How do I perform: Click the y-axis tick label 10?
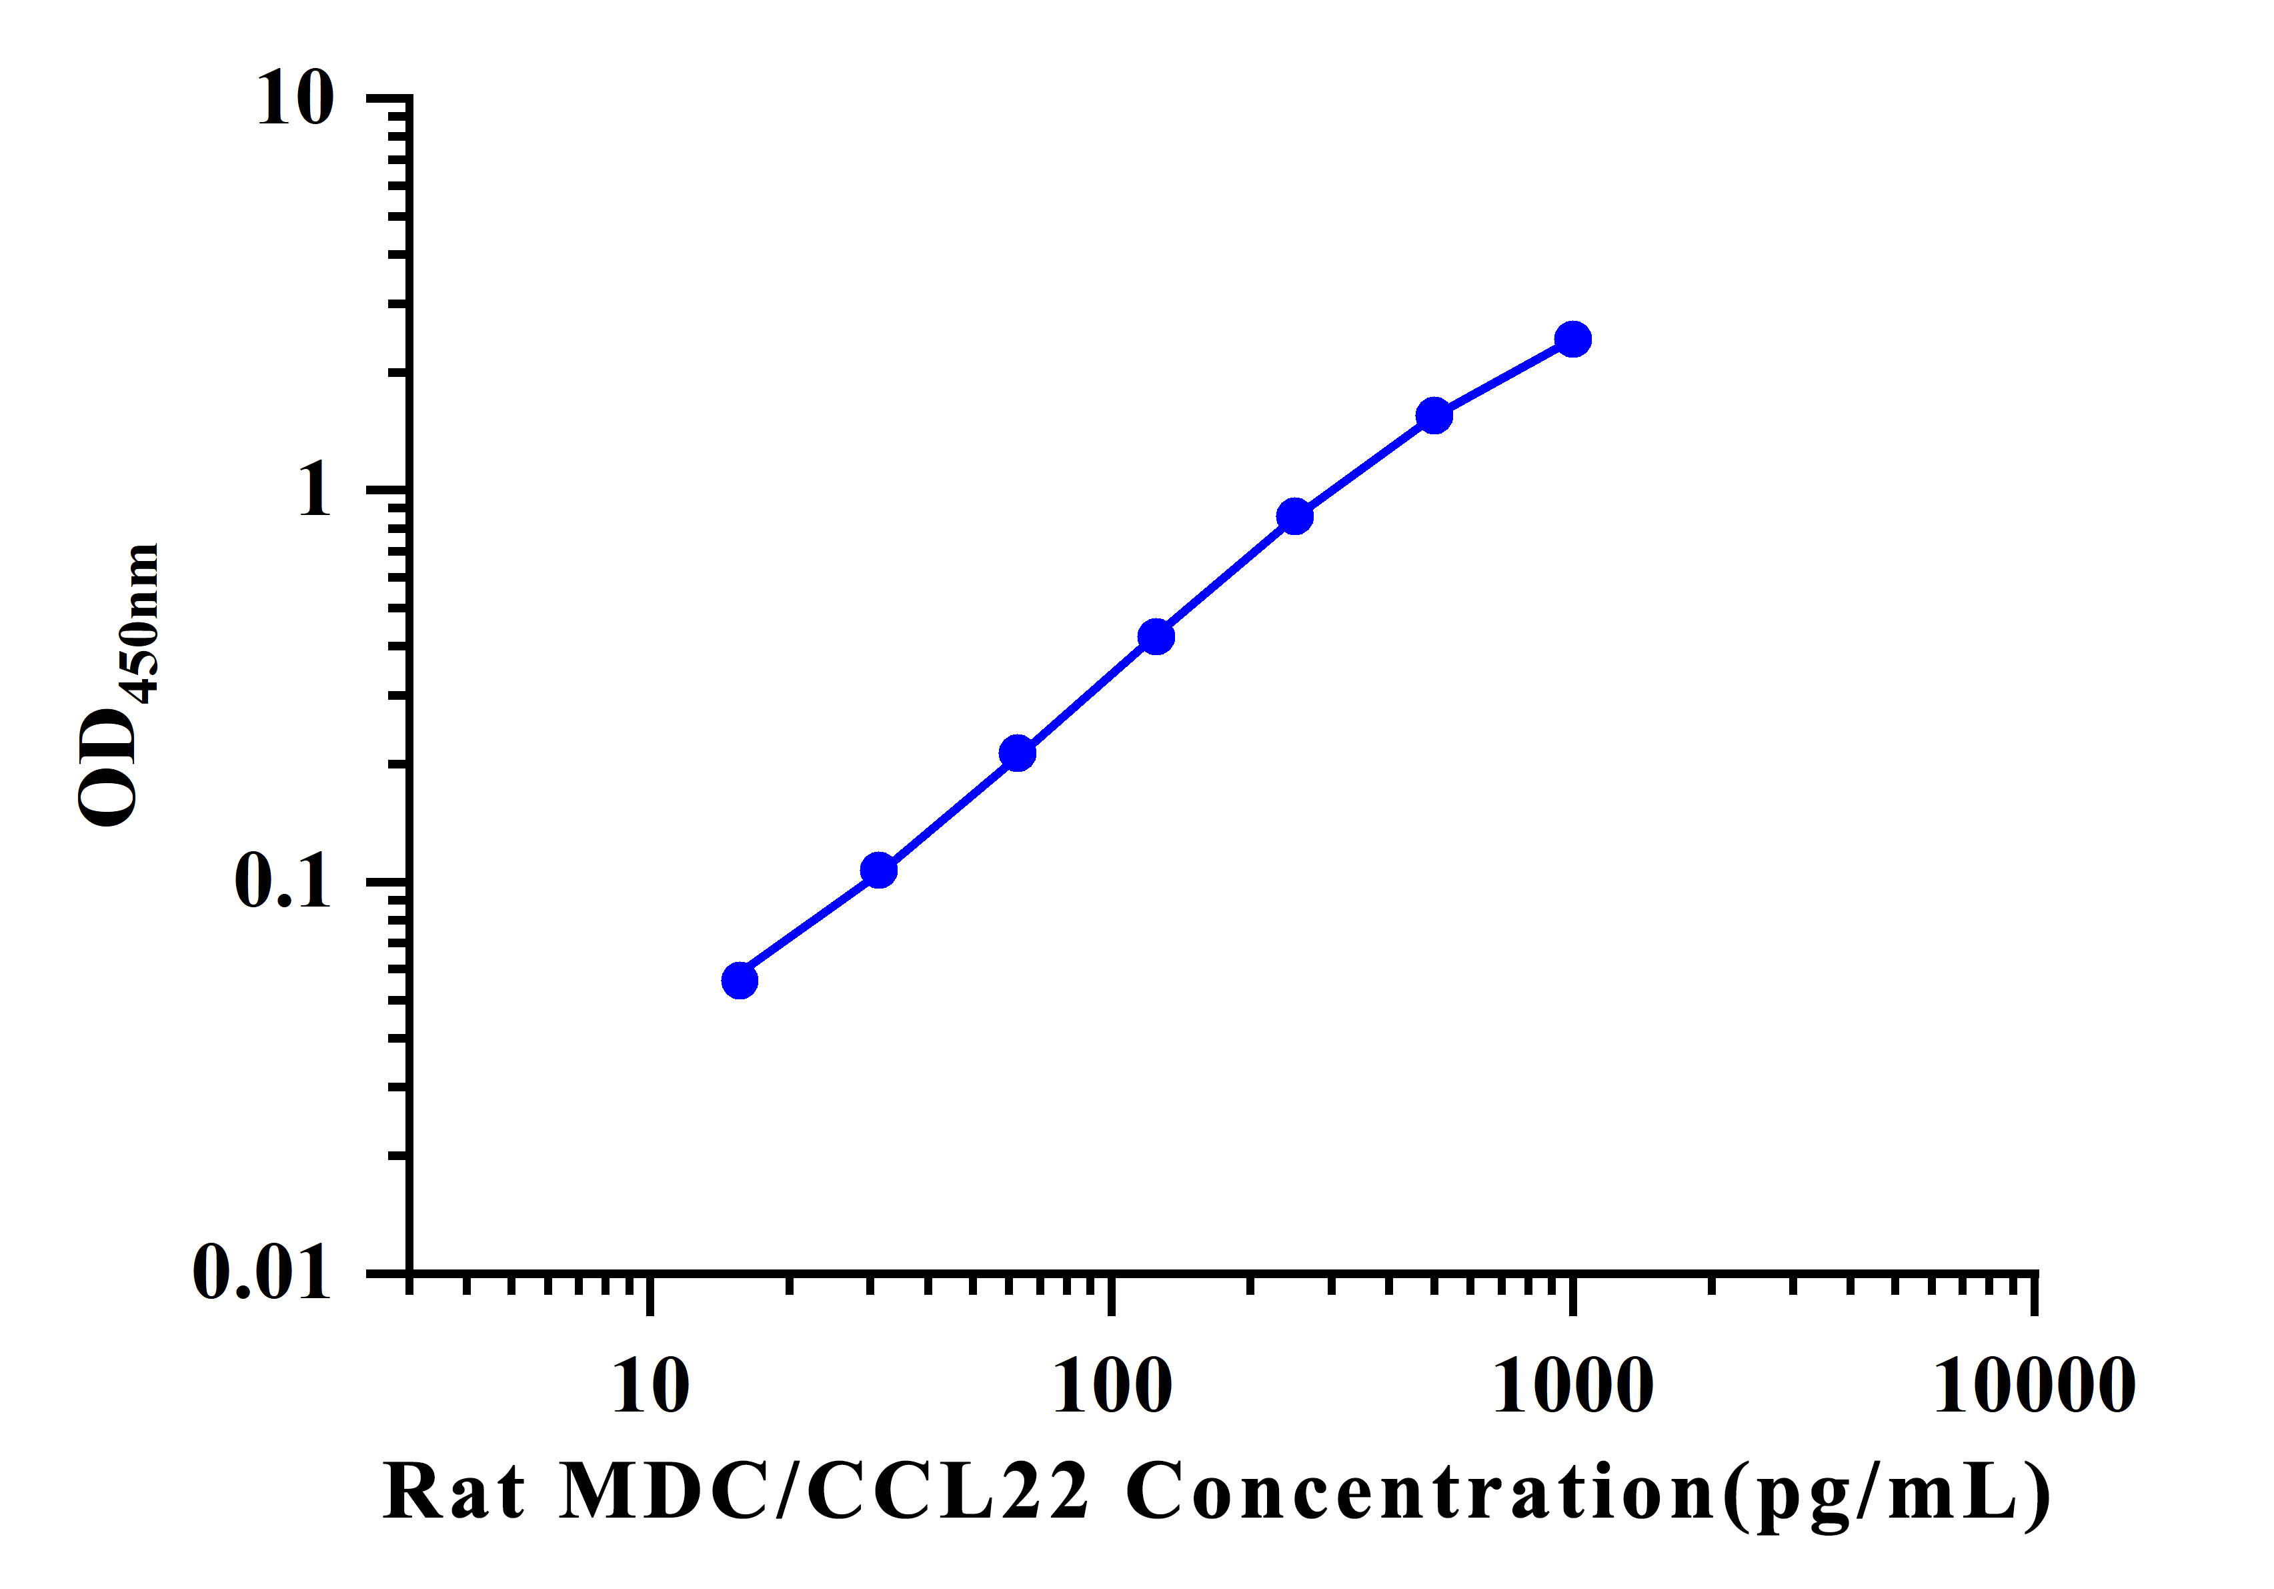coord(295,99)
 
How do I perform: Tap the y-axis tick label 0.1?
coord(282,880)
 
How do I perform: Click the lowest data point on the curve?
coord(740,981)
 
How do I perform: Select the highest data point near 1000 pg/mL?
coord(1572,340)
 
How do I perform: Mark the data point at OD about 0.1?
coord(878,871)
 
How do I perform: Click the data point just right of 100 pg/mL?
coord(1156,637)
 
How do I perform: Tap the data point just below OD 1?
coord(1294,516)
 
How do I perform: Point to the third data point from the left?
coord(1017,754)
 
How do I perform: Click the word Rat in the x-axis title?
coord(453,1493)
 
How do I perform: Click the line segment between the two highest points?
coord(1504,378)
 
